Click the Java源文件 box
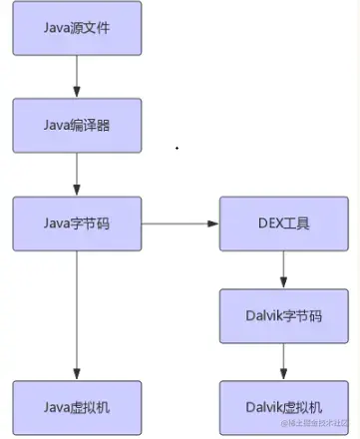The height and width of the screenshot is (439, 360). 77,28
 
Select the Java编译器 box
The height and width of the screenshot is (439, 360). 77,125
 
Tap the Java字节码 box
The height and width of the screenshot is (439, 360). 77,223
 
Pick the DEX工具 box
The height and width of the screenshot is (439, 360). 284,223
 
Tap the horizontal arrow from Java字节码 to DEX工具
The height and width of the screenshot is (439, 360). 180,223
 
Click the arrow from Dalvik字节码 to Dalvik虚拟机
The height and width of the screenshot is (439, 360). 284,361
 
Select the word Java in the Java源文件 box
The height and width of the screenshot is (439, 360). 58,28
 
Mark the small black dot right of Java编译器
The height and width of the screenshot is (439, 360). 177,148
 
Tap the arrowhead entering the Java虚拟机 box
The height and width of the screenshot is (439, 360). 77,373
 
